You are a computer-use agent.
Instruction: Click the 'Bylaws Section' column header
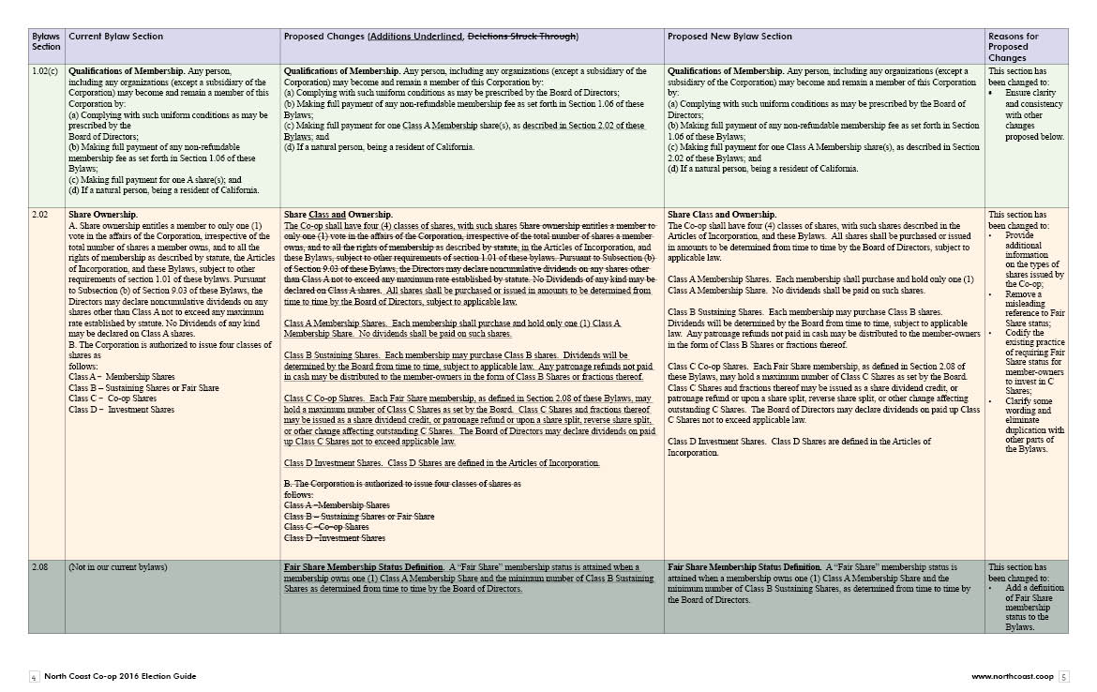pos(46,41)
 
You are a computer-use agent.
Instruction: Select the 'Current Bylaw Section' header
pos(116,37)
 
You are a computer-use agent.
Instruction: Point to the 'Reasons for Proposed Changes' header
pos(1014,47)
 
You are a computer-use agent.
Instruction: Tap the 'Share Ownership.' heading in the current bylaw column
pos(103,215)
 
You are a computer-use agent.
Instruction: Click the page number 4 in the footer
pos(34,676)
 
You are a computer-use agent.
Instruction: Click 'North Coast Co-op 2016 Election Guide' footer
pos(121,676)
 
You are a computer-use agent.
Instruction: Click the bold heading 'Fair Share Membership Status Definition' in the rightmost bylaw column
pos(746,567)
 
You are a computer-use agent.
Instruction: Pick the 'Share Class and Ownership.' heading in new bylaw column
pos(722,215)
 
